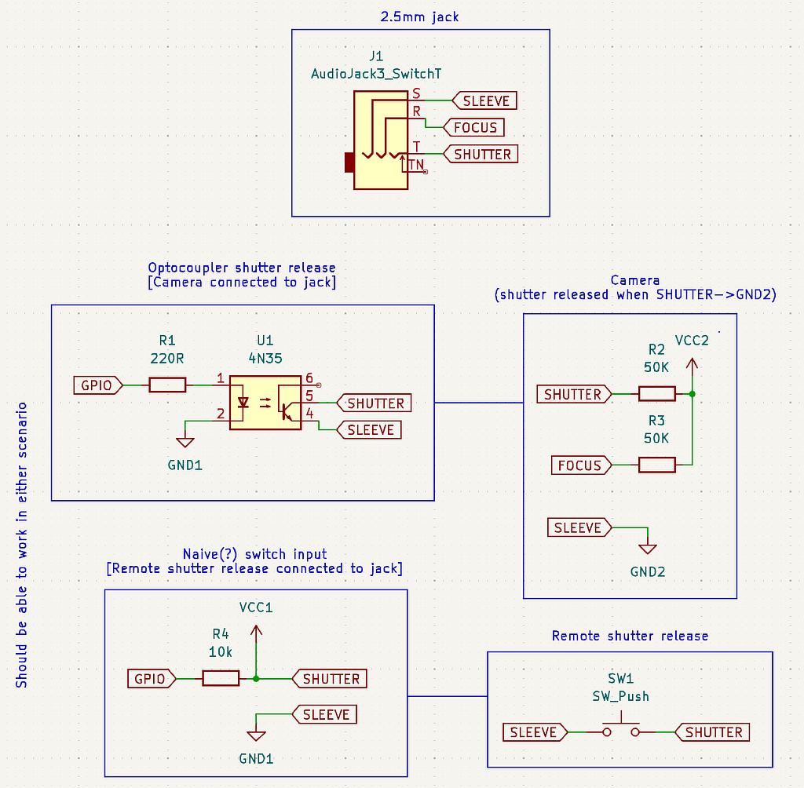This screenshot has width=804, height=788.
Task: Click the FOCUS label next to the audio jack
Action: point(474,127)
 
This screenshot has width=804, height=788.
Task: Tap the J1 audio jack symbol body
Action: point(380,140)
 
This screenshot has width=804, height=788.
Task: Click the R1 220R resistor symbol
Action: point(167,385)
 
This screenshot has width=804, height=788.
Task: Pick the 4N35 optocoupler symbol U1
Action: point(265,403)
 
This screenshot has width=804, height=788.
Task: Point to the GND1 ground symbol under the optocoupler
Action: point(185,443)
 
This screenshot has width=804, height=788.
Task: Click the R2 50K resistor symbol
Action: point(656,394)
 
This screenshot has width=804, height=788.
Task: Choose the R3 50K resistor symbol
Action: point(656,465)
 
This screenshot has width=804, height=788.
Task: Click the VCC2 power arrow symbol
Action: point(692,366)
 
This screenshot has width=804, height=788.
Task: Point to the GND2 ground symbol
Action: point(648,549)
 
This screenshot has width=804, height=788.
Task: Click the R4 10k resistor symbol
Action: point(221,679)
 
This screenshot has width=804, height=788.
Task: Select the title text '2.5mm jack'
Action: point(420,16)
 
